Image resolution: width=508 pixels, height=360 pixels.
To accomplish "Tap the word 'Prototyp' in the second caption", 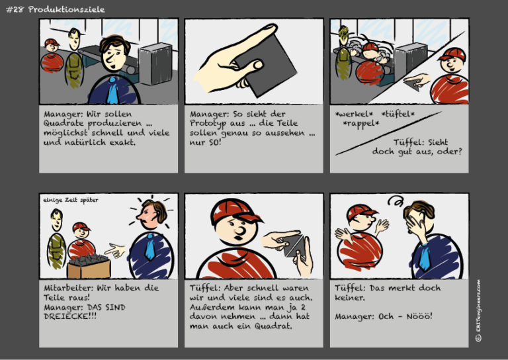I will pos(210,123).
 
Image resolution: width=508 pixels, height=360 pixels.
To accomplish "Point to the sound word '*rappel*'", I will pos(361,124).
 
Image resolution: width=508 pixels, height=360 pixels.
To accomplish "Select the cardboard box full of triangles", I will pos(89,265).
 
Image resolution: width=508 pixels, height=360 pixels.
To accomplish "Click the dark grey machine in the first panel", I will pos(156,64).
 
